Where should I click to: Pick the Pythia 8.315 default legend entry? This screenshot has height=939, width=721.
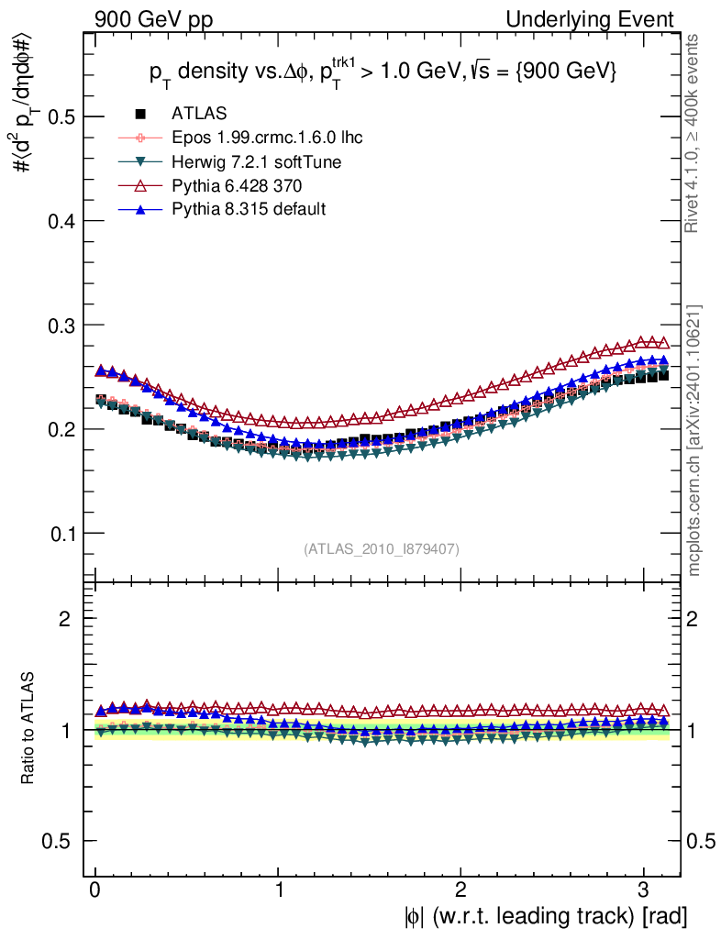coord(249,209)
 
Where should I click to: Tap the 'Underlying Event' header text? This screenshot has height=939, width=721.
coord(603,19)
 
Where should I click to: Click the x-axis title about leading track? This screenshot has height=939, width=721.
coord(544,916)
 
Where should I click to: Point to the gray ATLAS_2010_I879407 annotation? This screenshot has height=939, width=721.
coord(382,549)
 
